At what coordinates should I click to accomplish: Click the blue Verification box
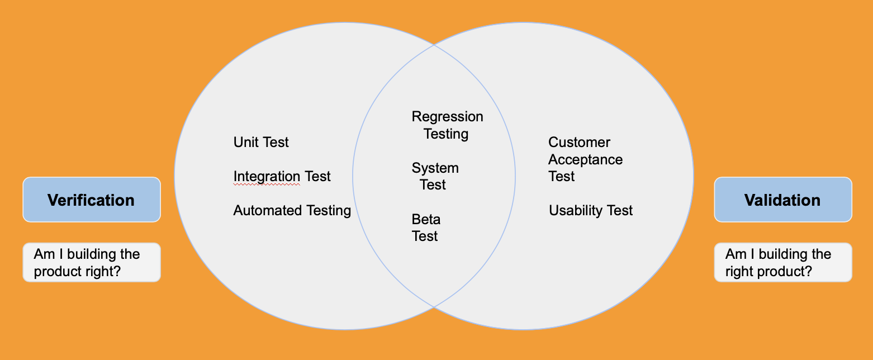pyautogui.click(x=92, y=200)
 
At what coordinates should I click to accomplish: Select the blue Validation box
pyautogui.click(x=783, y=200)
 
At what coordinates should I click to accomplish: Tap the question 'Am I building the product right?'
pyautogui.click(x=92, y=263)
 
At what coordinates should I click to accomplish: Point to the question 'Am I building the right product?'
pyautogui.click(x=783, y=263)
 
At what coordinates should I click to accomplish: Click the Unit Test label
pyautogui.click(x=261, y=143)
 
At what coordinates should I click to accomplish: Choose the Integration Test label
pyautogui.click(x=282, y=177)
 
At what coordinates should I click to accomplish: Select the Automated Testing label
pyautogui.click(x=292, y=211)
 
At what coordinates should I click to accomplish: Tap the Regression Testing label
pyautogui.click(x=447, y=125)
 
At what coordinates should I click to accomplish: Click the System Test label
pyautogui.click(x=435, y=176)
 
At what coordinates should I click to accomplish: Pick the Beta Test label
pyautogui.click(x=425, y=228)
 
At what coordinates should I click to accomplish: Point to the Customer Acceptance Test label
pyautogui.click(x=585, y=159)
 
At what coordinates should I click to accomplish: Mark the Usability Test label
pyautogui.click(x=591, y=211)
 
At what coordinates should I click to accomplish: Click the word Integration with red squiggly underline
pyautogui.click(x=267, y=177)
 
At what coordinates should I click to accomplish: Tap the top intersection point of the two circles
pyautogui.click(x=434, y=45)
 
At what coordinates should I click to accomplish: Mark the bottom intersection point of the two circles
pyautogui.click(x=434, y=307)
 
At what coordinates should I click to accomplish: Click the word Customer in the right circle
pyautogui.click(x=579, y=143)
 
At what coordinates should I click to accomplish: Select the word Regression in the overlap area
pyautogui.click(x=447, y=117)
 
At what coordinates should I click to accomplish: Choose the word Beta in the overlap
pyautogui.click(x=426, y=219)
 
